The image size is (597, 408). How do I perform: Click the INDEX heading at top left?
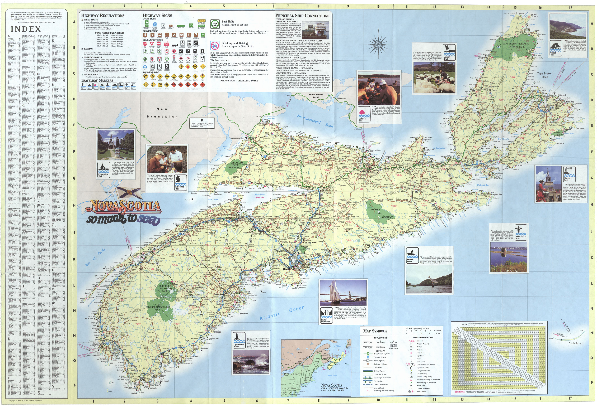[26, 29]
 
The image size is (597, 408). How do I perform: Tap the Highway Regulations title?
[103, 15]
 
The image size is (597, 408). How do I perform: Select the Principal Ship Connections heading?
[302, 16]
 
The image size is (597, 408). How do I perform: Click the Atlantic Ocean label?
[282, 313]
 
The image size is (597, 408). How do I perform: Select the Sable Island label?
[575, 343]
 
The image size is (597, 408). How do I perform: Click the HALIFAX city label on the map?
[288, 268]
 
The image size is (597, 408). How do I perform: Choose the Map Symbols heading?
[375, 331]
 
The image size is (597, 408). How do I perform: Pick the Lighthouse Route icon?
[239, 341]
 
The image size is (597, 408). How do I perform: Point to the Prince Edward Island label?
[316, 96]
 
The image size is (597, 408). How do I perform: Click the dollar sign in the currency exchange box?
[202, 120]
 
